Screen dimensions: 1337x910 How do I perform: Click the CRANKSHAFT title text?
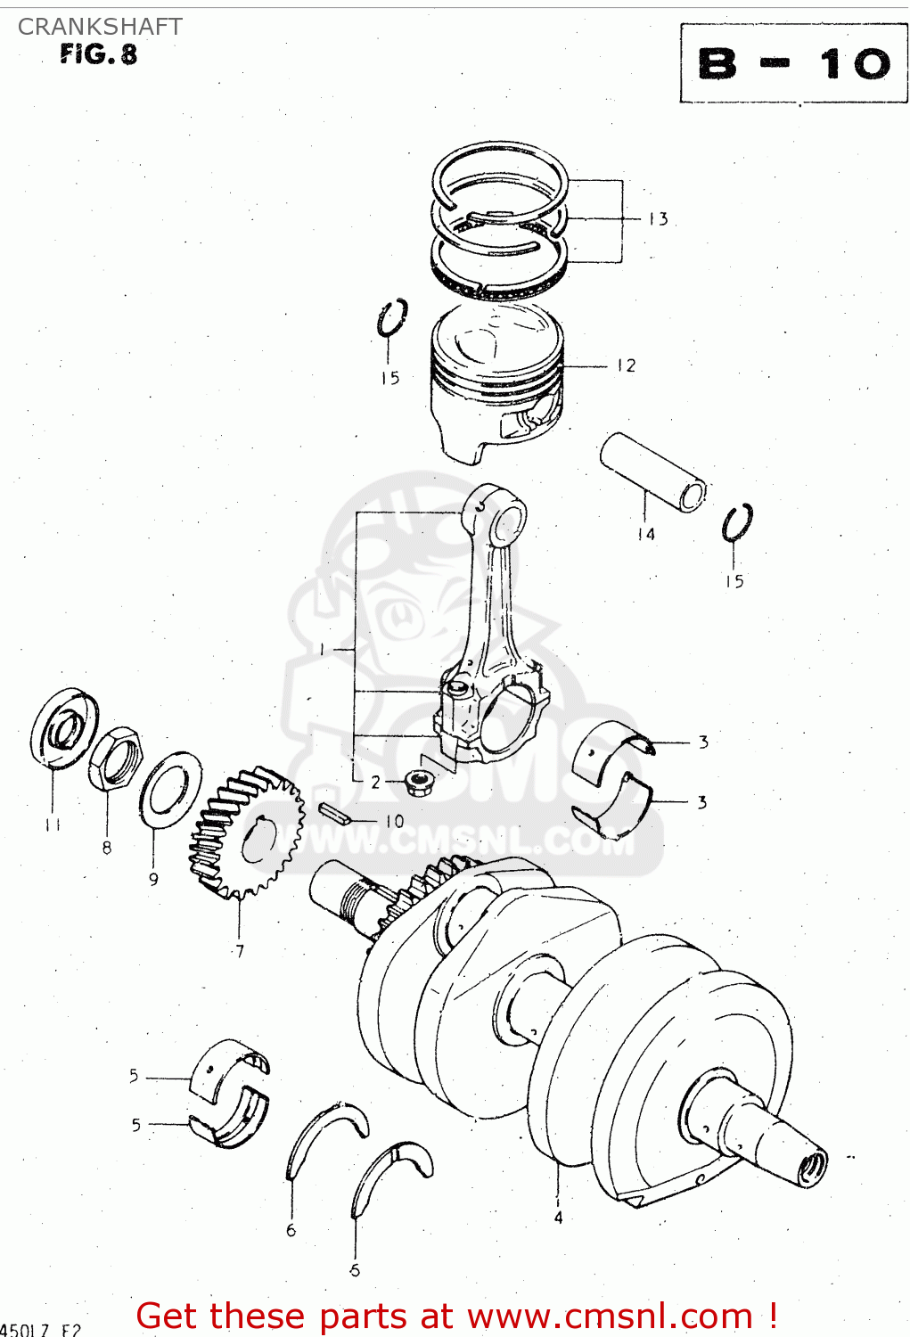(100, 27)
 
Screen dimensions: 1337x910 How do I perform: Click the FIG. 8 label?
(99, 54)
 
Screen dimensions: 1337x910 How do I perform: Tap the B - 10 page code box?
(793, 64)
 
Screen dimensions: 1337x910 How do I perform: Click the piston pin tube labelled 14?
(652, 472)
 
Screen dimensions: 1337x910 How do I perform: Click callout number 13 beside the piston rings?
(658, 219)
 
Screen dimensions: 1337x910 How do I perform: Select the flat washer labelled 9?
(170, 788)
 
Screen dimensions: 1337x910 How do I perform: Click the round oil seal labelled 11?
(63, 727)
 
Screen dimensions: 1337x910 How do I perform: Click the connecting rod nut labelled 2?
(415, 783)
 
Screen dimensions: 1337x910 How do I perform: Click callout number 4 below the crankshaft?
(558, 1218)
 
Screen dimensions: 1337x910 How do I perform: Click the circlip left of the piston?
(391, 318)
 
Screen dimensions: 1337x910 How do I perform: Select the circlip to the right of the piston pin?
(737, 522)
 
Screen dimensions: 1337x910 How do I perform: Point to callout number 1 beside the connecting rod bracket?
(322, 650)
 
